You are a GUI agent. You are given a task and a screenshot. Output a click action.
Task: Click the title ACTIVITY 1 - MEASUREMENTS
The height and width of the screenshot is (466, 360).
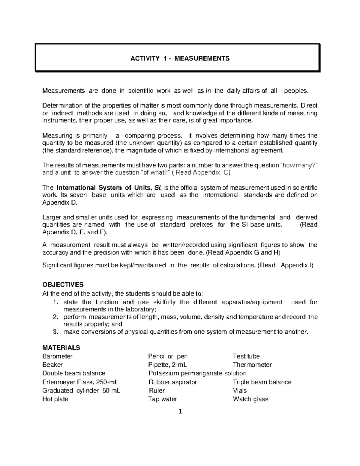pyautogui.click(x=180, y=58)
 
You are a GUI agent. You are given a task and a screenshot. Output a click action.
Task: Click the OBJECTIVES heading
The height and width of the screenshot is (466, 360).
pyautogui.click(x=63, y=284)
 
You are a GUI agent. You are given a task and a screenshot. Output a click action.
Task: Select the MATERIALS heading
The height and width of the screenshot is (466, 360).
pyautogui.click(x=61, y=348)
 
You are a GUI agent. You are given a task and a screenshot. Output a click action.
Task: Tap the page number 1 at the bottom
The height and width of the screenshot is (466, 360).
pyautogui.click(x=180, y=411)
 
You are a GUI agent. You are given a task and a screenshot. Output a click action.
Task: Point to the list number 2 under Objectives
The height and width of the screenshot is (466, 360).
pyautogui.click(x=55, y=317)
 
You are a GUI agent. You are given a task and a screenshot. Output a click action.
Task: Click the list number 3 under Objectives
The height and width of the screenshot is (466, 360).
pyautogui.click(x=55, y=332)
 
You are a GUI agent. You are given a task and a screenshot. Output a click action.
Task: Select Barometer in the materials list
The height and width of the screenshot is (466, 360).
pyautogui.click(x=58, y=356)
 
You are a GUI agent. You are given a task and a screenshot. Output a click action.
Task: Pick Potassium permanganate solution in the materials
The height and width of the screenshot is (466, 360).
pyautogui.click(x=197, y=373)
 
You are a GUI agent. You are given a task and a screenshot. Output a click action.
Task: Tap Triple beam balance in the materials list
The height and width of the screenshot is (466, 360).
pyautogui.click(x=262, y=382)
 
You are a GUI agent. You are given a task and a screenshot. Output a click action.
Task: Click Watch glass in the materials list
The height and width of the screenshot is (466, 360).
pyautogui.click(x=250, y=399)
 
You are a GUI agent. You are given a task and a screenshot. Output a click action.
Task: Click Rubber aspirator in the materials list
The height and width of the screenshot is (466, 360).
pyautogui.click(x=173, y=382)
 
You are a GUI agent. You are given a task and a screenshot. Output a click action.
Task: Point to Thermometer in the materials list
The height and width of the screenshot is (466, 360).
pyautogui.click(x=252, y=365)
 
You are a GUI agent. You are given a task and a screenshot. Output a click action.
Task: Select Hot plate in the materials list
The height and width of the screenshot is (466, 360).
pyautogui.click(x=55, y=399)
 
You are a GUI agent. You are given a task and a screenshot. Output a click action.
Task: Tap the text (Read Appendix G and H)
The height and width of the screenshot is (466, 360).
pyautogui.click(x=243, y=253)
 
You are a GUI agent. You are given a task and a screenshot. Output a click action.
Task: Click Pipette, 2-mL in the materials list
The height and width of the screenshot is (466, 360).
pyautogui.click(x=168, y=365)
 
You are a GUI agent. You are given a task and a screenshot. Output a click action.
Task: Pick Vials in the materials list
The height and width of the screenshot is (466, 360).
pyautogui.click(x=240, y=391)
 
